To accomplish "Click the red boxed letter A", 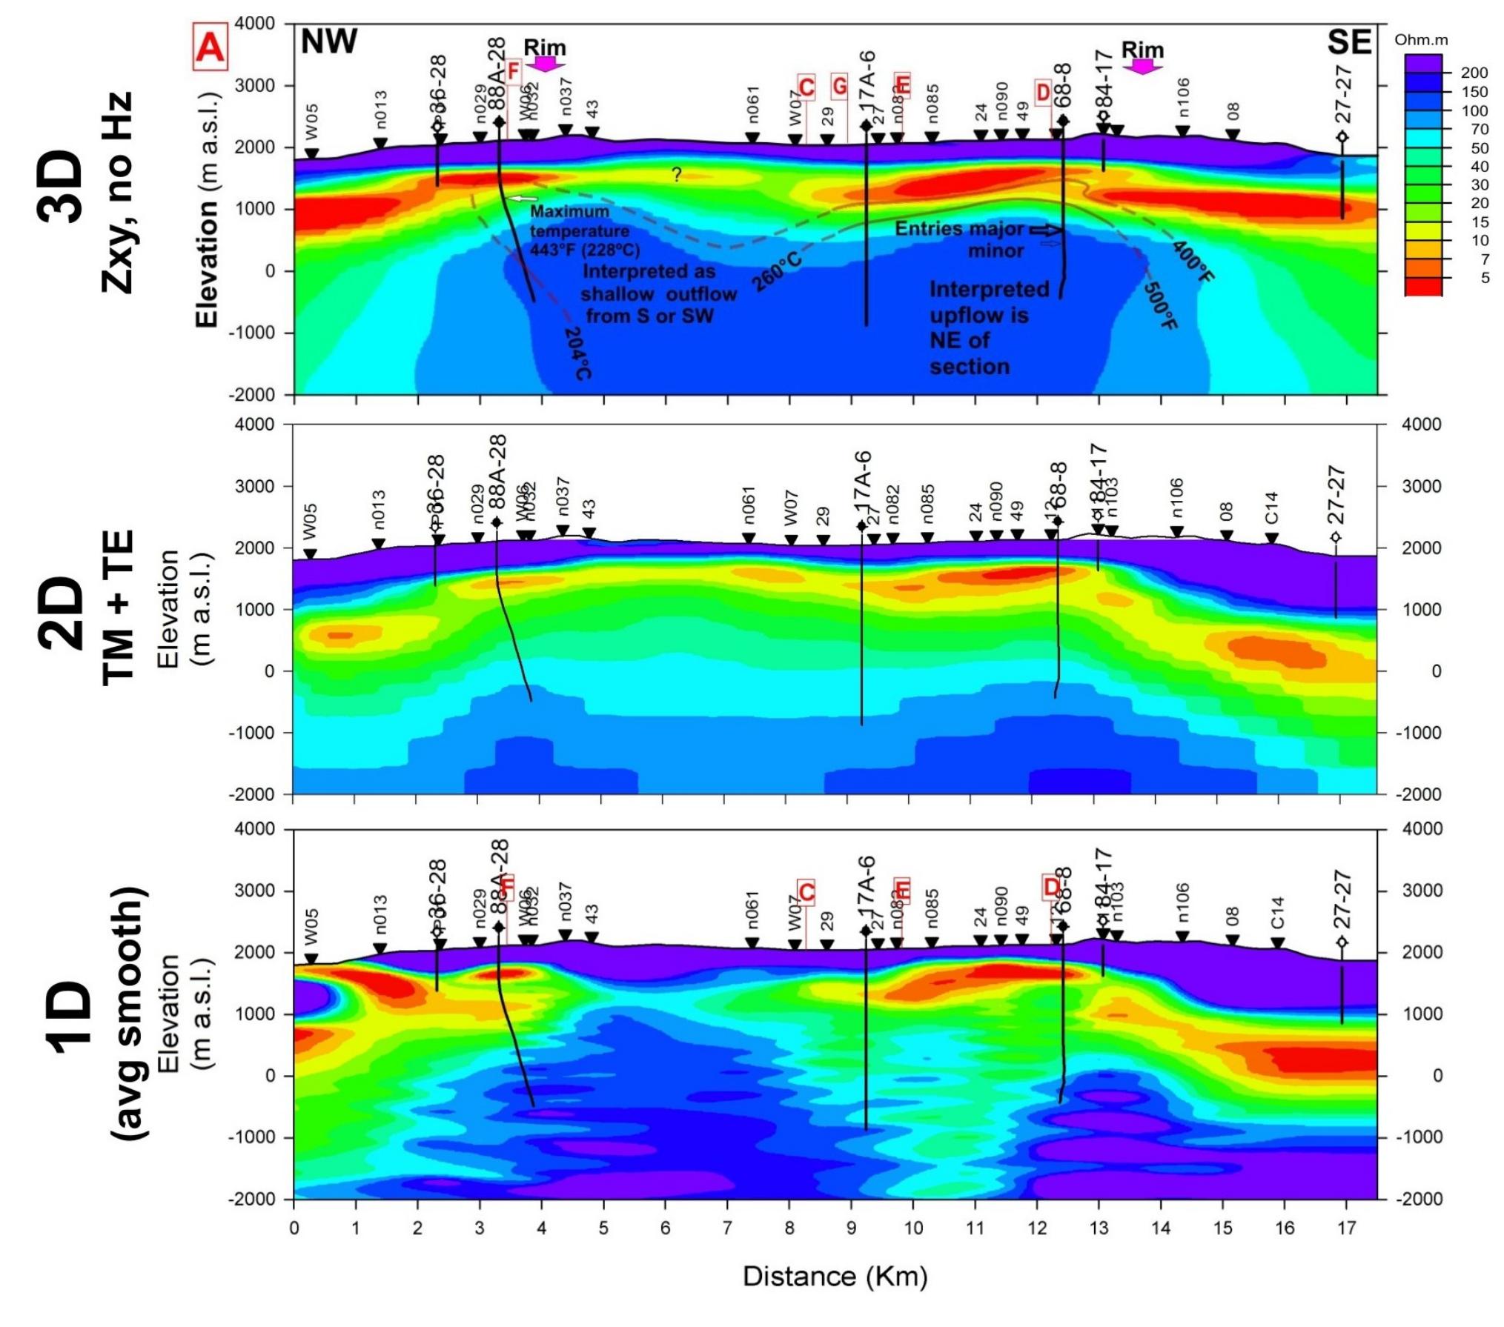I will (x=209, y=47).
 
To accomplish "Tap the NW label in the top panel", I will (x=328, y=41).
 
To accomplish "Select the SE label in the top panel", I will (x=1348, y=42).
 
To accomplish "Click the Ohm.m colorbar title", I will (x=1420, y=40).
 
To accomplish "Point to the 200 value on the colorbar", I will (x=1474, y=73).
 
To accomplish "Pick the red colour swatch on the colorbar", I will (x=1422, y=287).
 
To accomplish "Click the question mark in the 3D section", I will (x=676, y=175).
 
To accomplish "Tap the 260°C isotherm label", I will (x=777, y=270).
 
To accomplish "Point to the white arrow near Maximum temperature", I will (x=523, y=199).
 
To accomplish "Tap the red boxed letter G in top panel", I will (x=839, y=87).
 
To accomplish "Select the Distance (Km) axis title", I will (x=835, y=1276).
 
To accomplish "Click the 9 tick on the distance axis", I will (x=852, y=1228).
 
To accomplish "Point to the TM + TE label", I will (x=119, y=607).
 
